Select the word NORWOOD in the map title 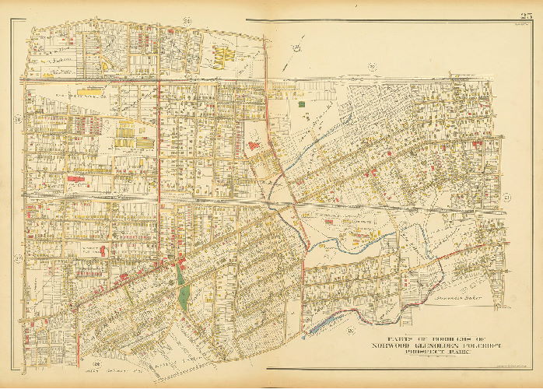click(392, 345)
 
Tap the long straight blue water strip click(326, 322)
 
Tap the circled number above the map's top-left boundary click(164, 18)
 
